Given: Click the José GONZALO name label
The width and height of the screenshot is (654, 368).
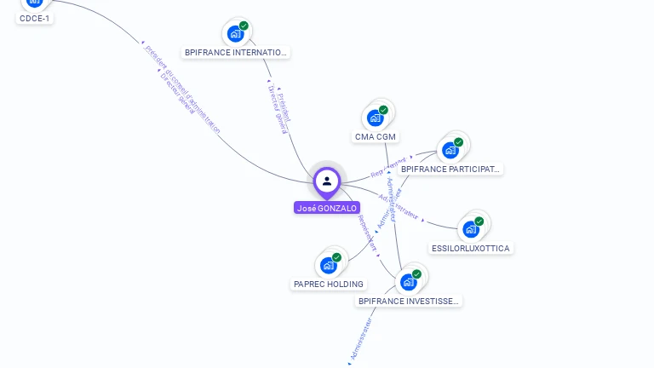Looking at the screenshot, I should click(x=327, y=208).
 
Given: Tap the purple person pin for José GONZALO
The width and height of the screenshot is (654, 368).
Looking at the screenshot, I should click(x=327, y=181).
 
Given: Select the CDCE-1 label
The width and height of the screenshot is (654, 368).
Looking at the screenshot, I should click(x=35, y=18).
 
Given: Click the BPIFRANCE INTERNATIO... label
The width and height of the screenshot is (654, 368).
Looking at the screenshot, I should click(x=237, y=52).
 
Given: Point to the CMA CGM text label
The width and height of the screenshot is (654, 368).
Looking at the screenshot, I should click(x=376, y=137).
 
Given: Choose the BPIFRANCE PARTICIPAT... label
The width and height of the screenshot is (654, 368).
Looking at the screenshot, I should click(x=450, y=169).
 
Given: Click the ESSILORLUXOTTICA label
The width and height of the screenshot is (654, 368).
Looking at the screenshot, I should click(x=471, y=248).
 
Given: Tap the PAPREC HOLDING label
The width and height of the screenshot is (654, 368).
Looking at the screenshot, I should click(x=329, y=284).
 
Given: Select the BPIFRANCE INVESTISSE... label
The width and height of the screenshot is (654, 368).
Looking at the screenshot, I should click(x=409, y=301).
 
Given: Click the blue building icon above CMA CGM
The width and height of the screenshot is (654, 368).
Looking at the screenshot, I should click(x=375, y=118).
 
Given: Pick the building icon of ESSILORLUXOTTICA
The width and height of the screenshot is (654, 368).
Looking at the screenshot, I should click(x=470, y=228).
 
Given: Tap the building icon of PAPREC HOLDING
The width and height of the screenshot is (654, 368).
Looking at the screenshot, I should click(x=328, y=265).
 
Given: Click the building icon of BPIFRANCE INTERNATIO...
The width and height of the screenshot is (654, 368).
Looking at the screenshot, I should click(x=235, y=33).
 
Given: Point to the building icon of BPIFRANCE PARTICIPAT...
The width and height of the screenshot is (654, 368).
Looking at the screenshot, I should click(x=450, y=150).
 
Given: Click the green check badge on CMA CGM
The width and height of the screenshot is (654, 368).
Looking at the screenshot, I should click(x=384, y=110).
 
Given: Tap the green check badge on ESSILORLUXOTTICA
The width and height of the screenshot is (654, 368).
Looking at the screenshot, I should click(x=479, y=221).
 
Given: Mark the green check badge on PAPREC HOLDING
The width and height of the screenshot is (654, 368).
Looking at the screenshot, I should click(x=337, y=257).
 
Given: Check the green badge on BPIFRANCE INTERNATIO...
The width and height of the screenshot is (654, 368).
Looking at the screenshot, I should click(x=244, y=26).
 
